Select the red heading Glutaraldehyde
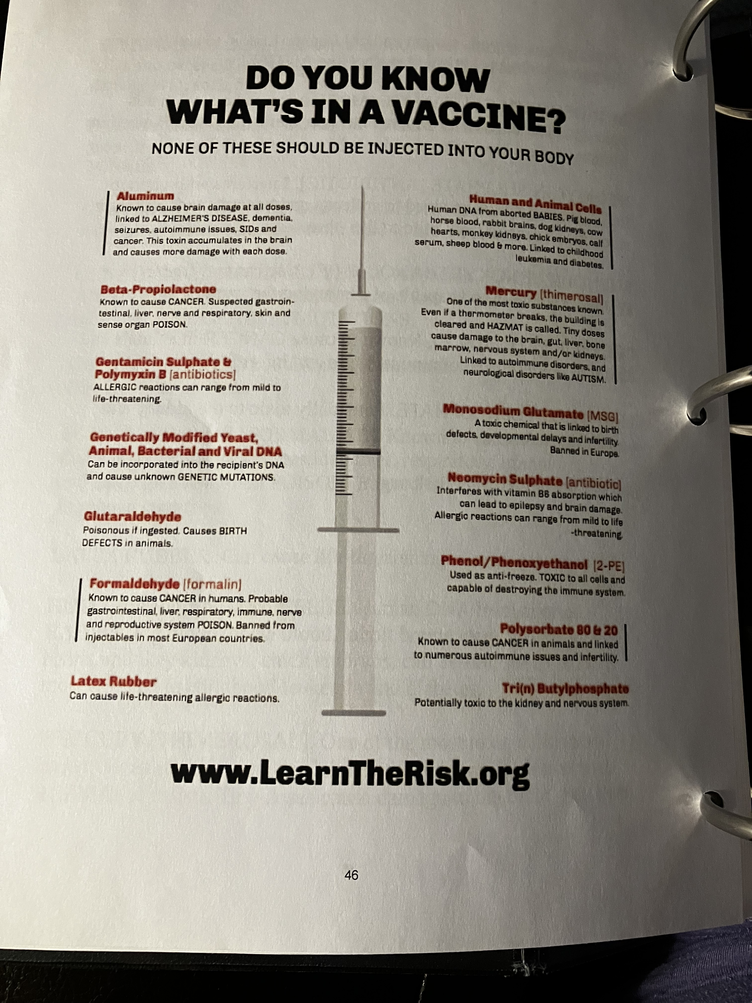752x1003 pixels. pyautogui.click(x=132, y=516)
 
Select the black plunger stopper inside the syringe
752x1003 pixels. pyautogui.click(x=358, y=452)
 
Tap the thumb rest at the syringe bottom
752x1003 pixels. pyautogui.click(x=354, y=713)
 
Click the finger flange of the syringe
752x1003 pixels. pyautogui.click(x=358, y=530)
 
